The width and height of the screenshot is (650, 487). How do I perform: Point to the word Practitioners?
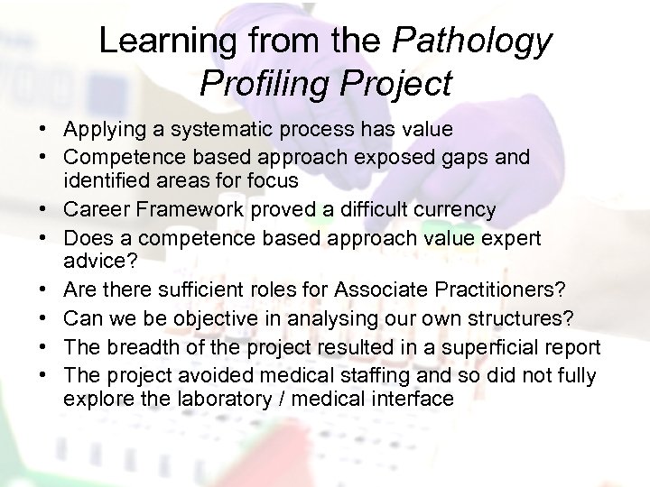(489, 289)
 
